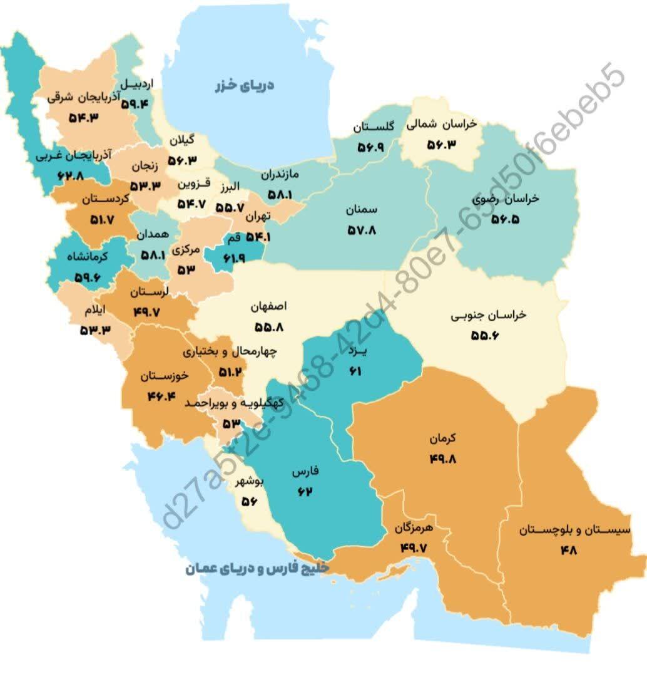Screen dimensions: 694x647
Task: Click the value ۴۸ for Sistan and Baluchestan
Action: coord(568,551)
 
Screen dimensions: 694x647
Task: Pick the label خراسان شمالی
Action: coord(441,125)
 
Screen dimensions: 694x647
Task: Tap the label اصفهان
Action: coord(269,307)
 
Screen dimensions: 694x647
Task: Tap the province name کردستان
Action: coord(105,199)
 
